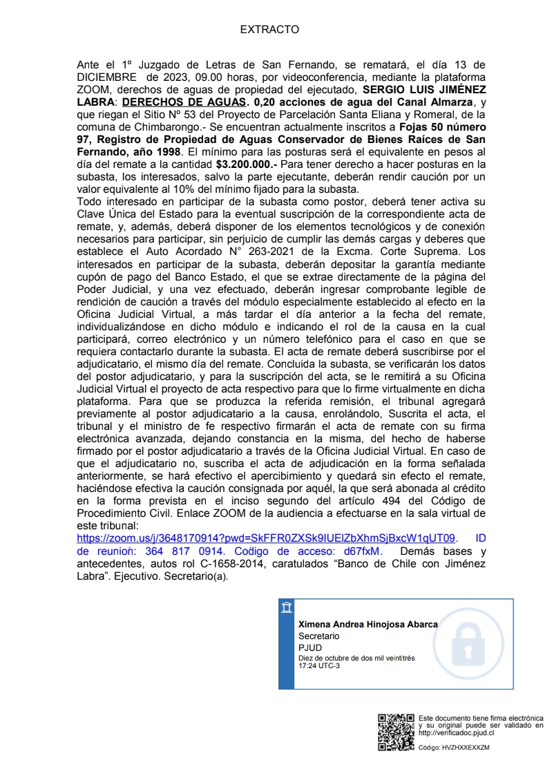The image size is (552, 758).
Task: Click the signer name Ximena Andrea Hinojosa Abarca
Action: (x=368, y=624)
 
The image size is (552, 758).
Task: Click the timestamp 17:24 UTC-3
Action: (x=318, y=665)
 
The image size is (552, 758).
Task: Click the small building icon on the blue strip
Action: (x=286, y=609)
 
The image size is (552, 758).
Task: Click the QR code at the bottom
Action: (x=396, y=732)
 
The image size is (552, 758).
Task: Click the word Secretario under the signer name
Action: (x=318, y=636)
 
